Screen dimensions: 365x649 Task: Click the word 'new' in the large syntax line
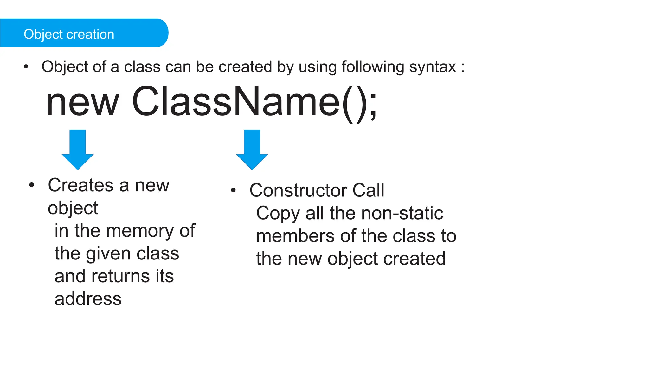pos(82,103)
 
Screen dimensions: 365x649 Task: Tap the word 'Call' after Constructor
pos(368,190)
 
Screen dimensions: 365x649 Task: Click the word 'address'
pos(88,299)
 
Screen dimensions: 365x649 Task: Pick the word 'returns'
pos(121,276)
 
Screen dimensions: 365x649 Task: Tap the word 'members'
pos(295,236)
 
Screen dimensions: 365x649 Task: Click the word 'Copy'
pos(278,214)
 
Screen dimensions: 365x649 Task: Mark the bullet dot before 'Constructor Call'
pos(234,190)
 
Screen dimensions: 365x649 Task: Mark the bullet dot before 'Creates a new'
pos(32,185)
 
